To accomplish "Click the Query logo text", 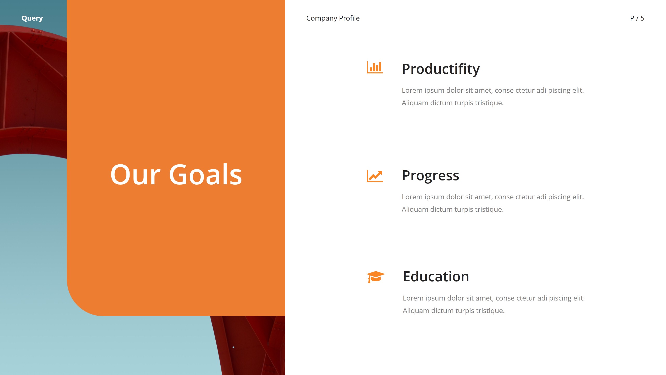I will coord(32,18).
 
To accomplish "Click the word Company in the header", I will coord(322,18).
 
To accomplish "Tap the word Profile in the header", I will coord(349,18).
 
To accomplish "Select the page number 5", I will coord(642,18).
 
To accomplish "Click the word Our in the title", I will coord(135,175).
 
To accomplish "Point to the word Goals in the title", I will coord(206,175).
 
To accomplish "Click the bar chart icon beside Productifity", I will coord(375,67).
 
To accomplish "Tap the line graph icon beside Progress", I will coord(375,176).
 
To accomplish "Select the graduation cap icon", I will coord(375,277).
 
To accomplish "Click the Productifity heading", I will coord(441,69).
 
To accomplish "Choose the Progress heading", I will coord(431,175).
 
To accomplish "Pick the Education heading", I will coord(436,276).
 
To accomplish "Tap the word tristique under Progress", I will coord(489,209).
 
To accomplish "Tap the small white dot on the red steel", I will coord(233,347).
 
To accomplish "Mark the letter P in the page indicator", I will coord(632,18).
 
